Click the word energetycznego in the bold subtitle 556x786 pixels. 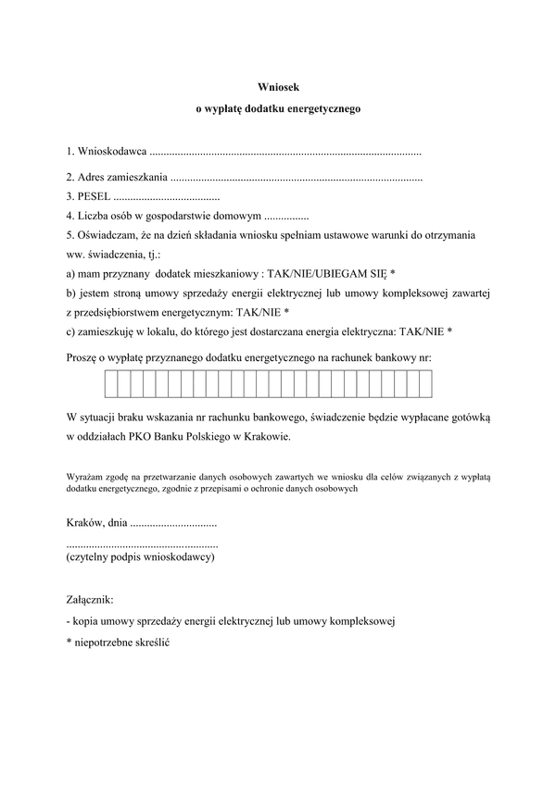tap(327, 108)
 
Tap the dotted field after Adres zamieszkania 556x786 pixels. tap(297, 176)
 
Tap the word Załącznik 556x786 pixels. tap(90, 600)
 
